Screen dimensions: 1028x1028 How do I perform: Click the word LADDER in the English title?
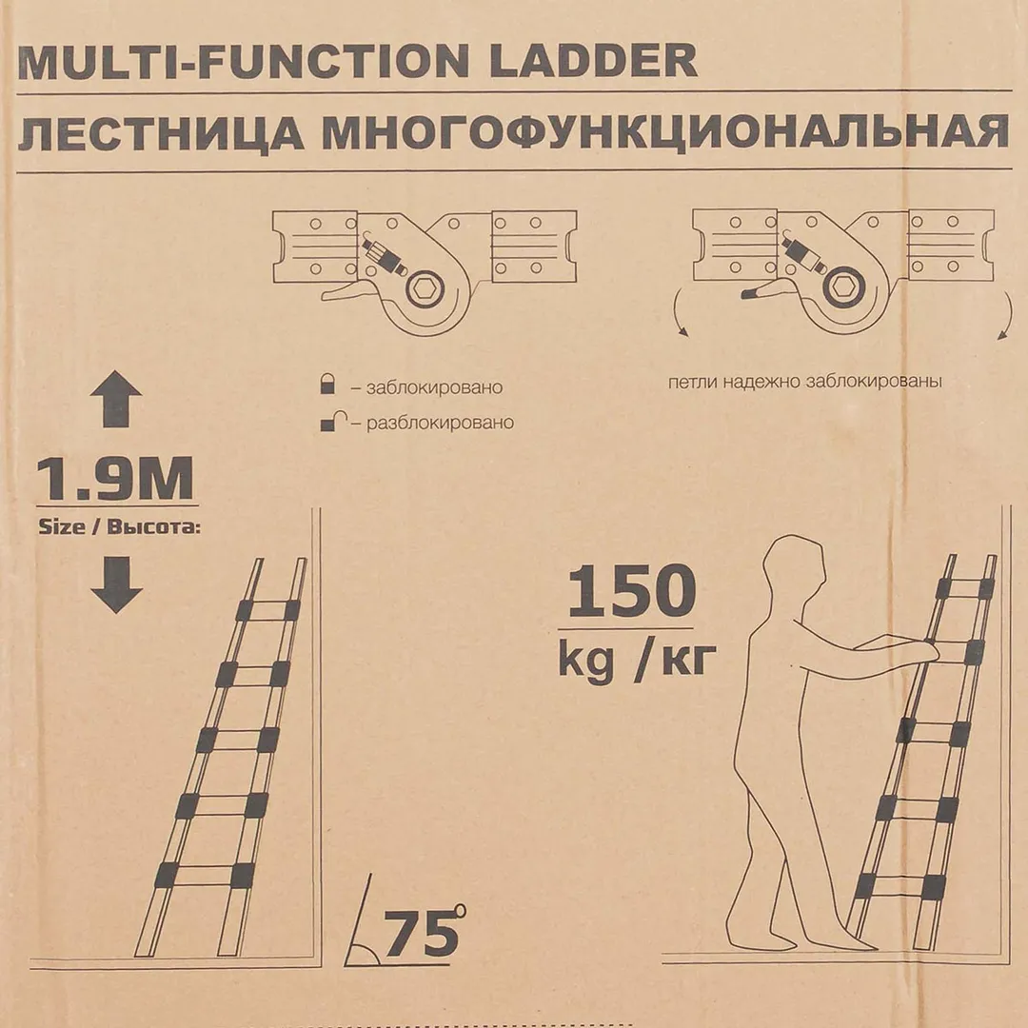(x=592, y=62)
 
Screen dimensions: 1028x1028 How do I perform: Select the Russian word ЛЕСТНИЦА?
(x=160, y=134)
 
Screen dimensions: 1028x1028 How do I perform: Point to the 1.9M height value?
(x=115, y=479)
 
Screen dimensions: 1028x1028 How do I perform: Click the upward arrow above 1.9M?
(x=116, y=399)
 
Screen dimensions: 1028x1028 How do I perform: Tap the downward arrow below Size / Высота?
(x=116, y=584)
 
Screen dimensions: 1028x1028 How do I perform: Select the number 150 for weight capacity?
(x=631, y=591)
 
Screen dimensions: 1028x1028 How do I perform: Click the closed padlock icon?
(x=327, y=384)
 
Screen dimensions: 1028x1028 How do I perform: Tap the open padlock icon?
(x=334, y=421)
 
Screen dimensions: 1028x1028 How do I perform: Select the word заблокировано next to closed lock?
(x=434, y=387)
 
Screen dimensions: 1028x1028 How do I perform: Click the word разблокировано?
(x=440, y=423)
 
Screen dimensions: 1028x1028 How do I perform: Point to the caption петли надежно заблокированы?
(x=804, y=382)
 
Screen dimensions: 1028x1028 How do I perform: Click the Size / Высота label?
(x=119, y=526)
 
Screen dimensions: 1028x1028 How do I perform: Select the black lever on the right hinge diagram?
(x=758, y=292)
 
